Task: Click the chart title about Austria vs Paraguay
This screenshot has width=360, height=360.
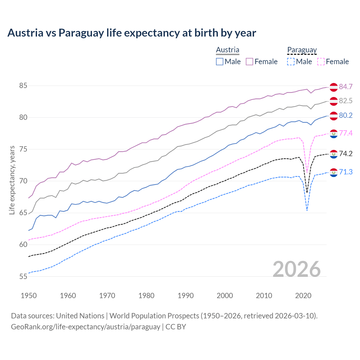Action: (x=132, y=33)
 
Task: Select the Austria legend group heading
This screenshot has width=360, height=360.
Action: (x=228, y=50)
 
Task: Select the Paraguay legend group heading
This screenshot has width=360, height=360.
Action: (x=302, y=50)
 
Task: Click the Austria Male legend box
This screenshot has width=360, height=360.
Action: (x=220, y=62)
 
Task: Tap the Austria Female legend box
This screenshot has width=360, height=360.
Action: (x=249, y=62)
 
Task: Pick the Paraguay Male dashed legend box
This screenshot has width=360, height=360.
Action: (x=291, y=62)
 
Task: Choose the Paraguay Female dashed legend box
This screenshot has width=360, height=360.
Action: (x=321, y=62)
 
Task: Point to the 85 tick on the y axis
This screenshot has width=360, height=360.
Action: (x=23, y=85)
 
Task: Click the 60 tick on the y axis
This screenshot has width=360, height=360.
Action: (x=23, y=245)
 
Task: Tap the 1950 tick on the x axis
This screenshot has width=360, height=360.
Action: (x=29, y=296)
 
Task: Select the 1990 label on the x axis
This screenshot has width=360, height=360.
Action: (x=186, y=296)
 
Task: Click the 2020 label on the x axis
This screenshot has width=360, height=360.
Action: (x=303, y=296)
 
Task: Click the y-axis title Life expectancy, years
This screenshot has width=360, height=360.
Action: (x=12, y=180)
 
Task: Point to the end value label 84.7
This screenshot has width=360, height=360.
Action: (x=346, y=87)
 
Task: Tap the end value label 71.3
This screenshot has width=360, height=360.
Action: (x=346, y=172)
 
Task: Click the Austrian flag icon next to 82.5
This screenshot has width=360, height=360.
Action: (x=334, y=101)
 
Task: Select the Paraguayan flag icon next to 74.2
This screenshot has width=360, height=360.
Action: (x=334, y=154)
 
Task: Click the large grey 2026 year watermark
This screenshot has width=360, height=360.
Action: (x=297, y=269)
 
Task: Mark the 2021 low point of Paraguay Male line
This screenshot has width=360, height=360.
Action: (x=307, y=210)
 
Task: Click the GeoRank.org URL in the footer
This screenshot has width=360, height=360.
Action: (x=85, y=327)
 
